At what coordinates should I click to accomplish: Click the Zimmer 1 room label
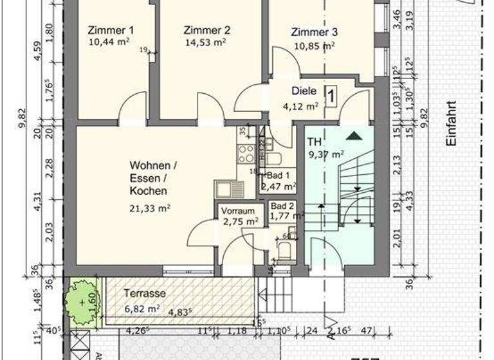pos(110,30)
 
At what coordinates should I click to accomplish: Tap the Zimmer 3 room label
pos(314,32)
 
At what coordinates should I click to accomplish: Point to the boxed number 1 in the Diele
pos(331,96)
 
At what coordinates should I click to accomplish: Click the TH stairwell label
pos(315,141)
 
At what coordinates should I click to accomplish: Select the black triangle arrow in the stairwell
pos(353,136)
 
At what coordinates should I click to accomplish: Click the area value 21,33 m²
pos(149,208)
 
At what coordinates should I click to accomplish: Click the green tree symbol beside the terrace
pos(82,301)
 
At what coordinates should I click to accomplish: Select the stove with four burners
pos(246,154)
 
